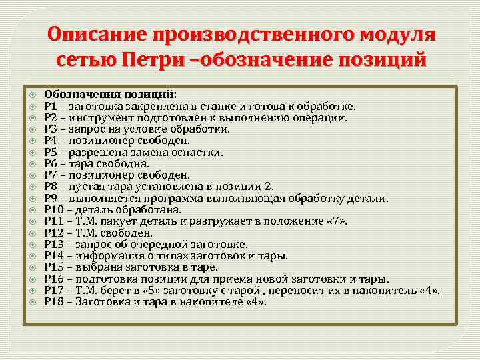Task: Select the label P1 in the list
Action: click(x=49, y=105)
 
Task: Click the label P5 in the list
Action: click(x=49, y=152)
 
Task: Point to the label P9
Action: click(x=49, y=198)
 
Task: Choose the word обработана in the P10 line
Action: click(x=143, y=210)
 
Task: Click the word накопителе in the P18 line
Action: click(x=206, y=302)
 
